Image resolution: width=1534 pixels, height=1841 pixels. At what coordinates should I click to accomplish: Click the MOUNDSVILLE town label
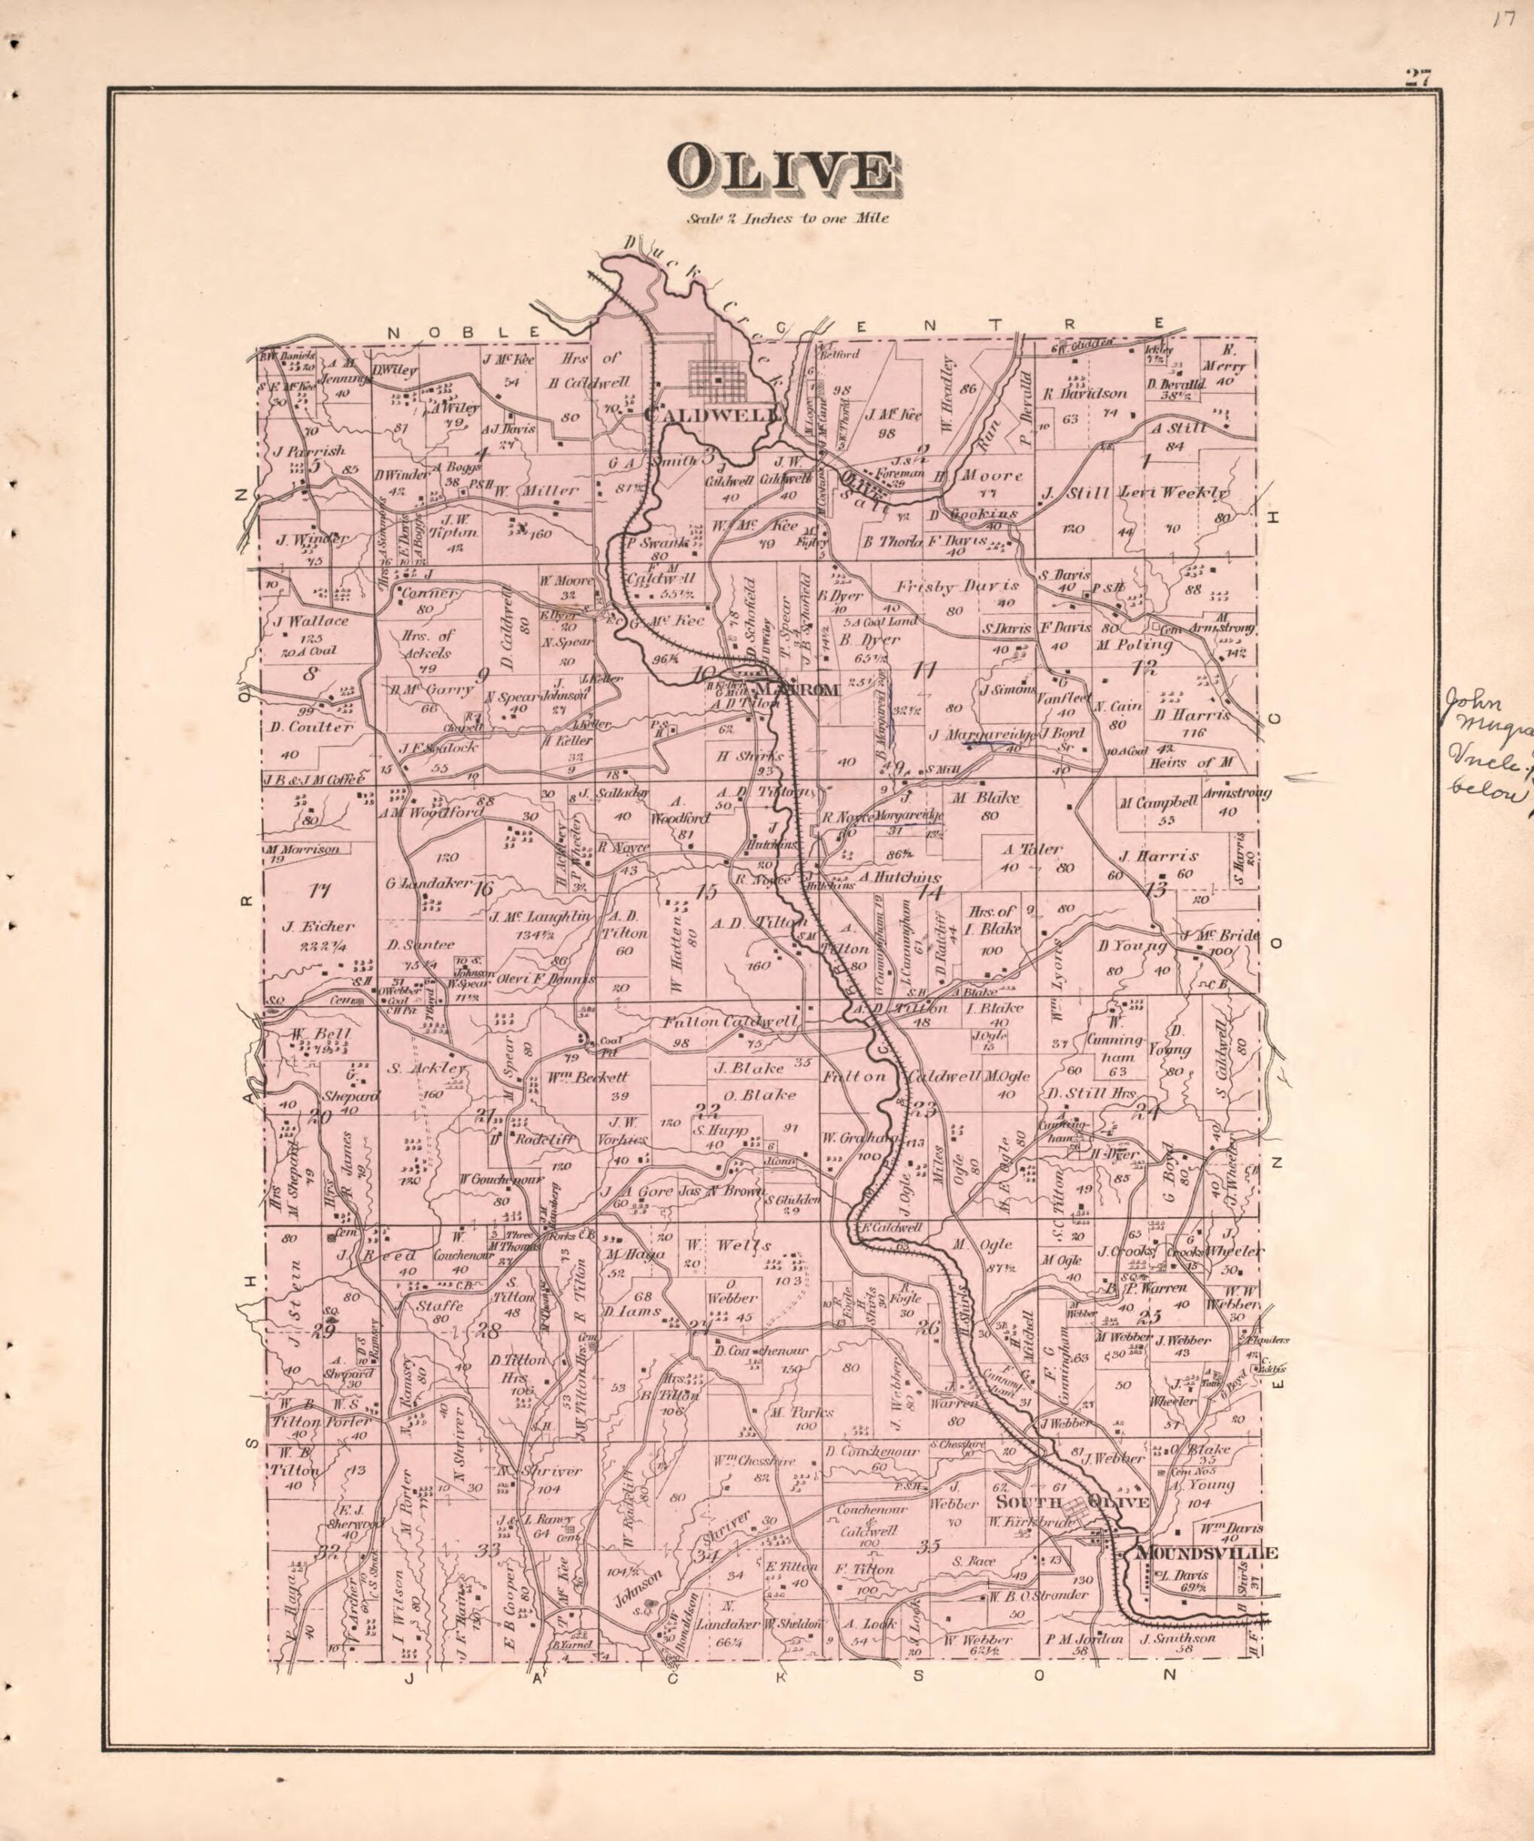[1206, 1553]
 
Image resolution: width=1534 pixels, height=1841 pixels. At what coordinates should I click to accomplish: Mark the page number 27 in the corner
[1417, 77]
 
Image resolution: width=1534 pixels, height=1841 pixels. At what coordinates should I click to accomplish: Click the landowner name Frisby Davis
[957, 585]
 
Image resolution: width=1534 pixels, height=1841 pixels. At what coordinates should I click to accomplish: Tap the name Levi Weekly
[1174, 494]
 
